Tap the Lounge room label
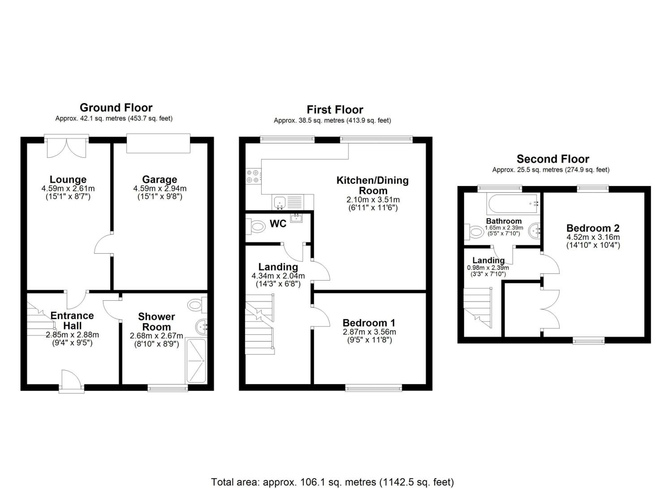[x=68, y=179]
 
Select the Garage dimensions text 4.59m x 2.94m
[x=160, y=188]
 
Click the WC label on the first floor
[x=278, y=224]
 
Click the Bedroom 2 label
[x=593, y=228]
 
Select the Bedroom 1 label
[x=369, y=323]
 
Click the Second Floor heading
[x=553, y=159]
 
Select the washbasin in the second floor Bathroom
[x=534, y=231]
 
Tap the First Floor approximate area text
[x=332, y=121]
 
